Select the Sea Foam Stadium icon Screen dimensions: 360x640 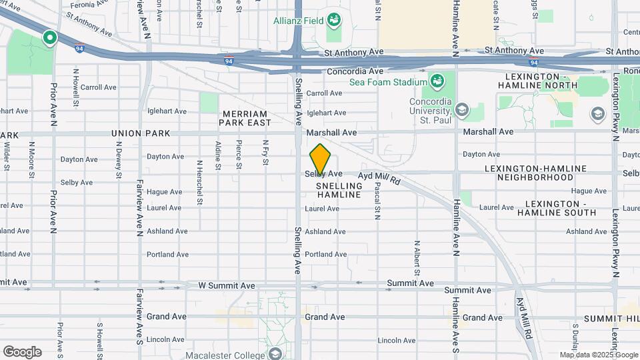[437, 82]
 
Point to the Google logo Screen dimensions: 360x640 [22, 352]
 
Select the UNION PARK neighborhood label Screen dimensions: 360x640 [141, 133]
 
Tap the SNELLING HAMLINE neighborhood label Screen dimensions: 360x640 [339, 190]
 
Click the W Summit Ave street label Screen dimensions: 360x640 [227, 285]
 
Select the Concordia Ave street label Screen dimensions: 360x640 [355, 71]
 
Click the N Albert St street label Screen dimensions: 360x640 [417, 257]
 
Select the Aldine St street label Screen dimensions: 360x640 [218, 154]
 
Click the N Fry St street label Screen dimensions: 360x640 [265, 153]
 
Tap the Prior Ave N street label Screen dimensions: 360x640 [54, 104]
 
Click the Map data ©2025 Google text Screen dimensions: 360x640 [597, 355]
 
